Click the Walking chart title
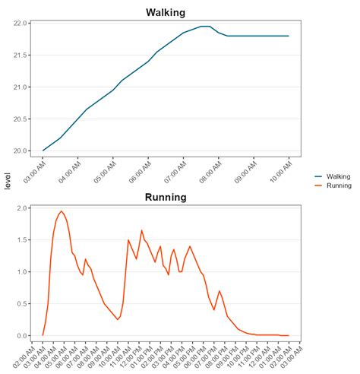click(x=166, y=12)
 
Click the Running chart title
click(x=166, y=198)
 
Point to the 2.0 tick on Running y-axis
click(x=24, y=208)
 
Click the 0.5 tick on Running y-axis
click(x=24, y=303)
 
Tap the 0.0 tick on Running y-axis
click(x=24, y=335)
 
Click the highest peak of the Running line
click(x=62, y=211)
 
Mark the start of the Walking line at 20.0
click(x=43, y=151)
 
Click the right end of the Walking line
click(x=289, y=36)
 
